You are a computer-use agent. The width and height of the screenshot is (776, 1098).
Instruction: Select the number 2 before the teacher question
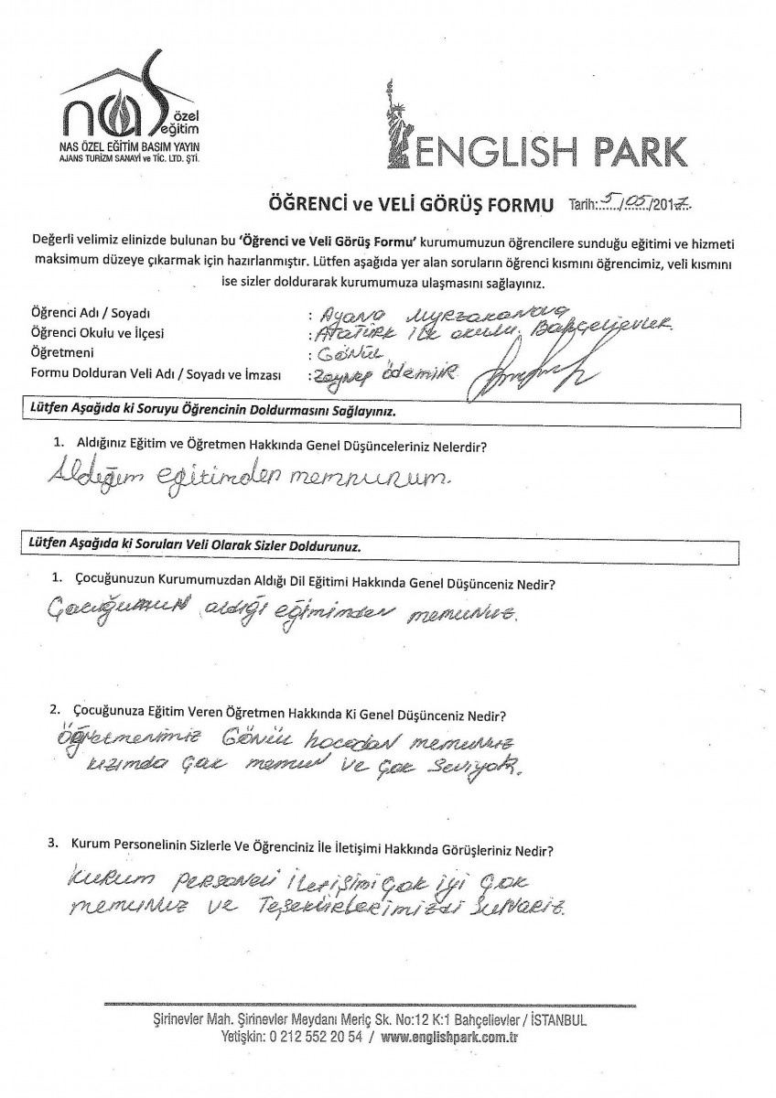(56, 710)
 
